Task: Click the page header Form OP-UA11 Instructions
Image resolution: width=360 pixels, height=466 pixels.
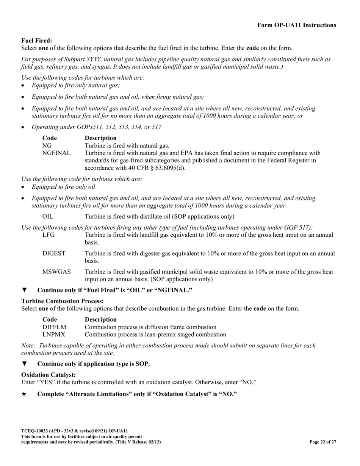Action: click(296, 25)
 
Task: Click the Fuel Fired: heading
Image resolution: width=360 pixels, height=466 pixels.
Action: click(37, 41)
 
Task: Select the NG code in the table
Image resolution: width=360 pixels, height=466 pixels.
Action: click(47, 145)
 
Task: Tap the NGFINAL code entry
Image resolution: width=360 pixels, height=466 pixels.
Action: click(56, 153)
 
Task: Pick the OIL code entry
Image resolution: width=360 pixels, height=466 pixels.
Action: click(48, 217)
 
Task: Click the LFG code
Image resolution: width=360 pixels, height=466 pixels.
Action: click(49, 235)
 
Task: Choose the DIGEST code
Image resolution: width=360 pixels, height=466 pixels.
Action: click(54, 253)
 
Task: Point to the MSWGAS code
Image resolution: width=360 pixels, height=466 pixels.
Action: click(56, 272)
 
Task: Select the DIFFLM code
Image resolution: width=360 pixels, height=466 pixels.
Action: click(54, 327)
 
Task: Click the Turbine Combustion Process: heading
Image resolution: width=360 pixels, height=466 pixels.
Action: click(63, 301)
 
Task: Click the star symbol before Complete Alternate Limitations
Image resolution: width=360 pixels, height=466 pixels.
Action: click(24, 394)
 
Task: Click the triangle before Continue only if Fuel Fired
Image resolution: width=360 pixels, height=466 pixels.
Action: click(24, 290)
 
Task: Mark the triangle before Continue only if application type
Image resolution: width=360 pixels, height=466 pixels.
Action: click(24, 364)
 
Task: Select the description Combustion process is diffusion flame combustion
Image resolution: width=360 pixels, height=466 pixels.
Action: click(150, 327)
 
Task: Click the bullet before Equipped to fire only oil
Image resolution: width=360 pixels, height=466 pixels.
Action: click(23, 187)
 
